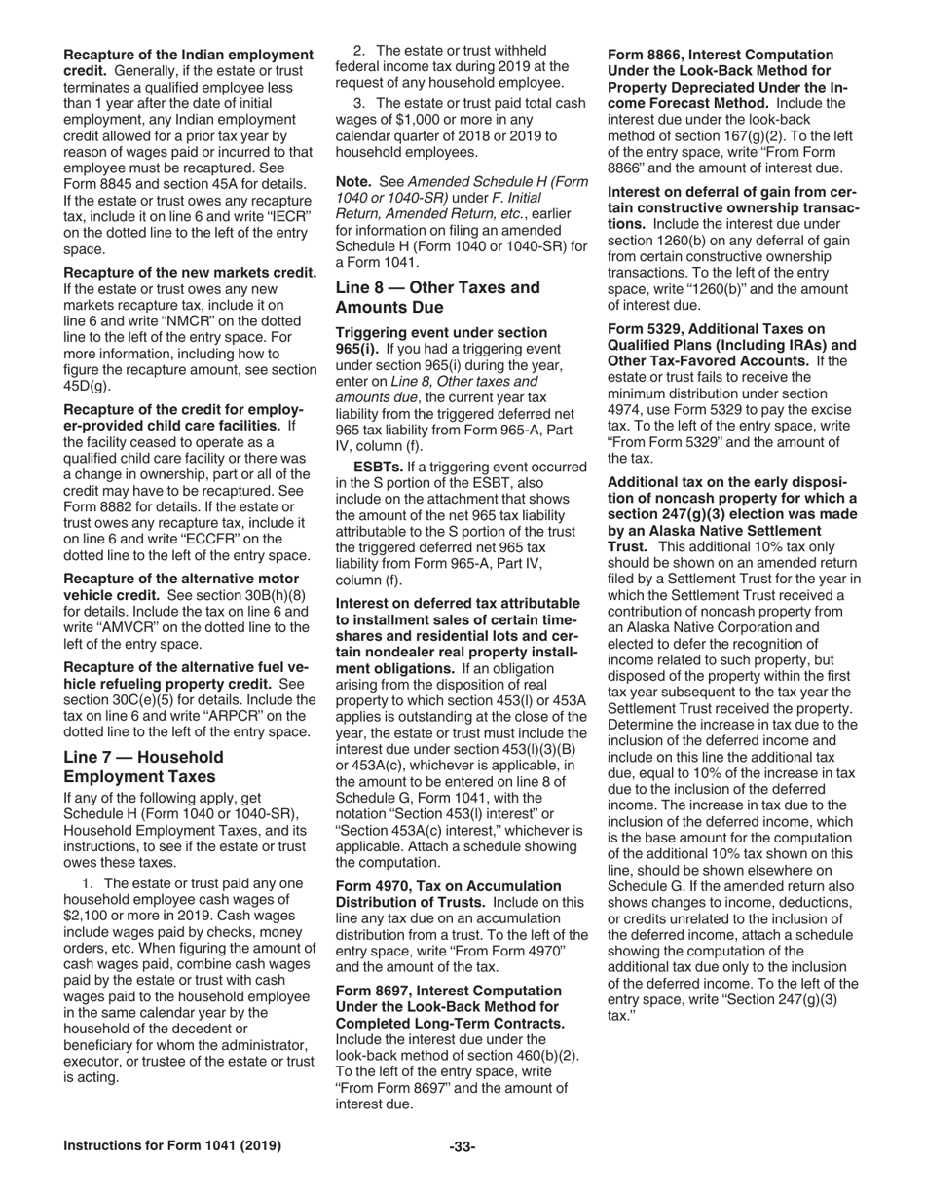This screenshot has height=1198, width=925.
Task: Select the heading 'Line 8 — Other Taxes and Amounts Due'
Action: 437,297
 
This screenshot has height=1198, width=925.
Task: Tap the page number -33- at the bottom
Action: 462,1146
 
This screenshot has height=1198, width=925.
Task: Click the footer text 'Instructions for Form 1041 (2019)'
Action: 172,1146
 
